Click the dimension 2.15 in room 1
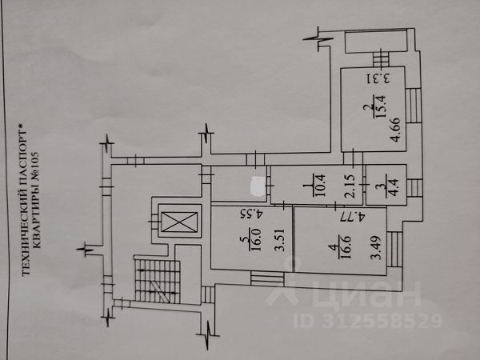point(349,185)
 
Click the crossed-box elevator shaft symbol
point(178,222)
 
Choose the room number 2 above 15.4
point(370,110)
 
